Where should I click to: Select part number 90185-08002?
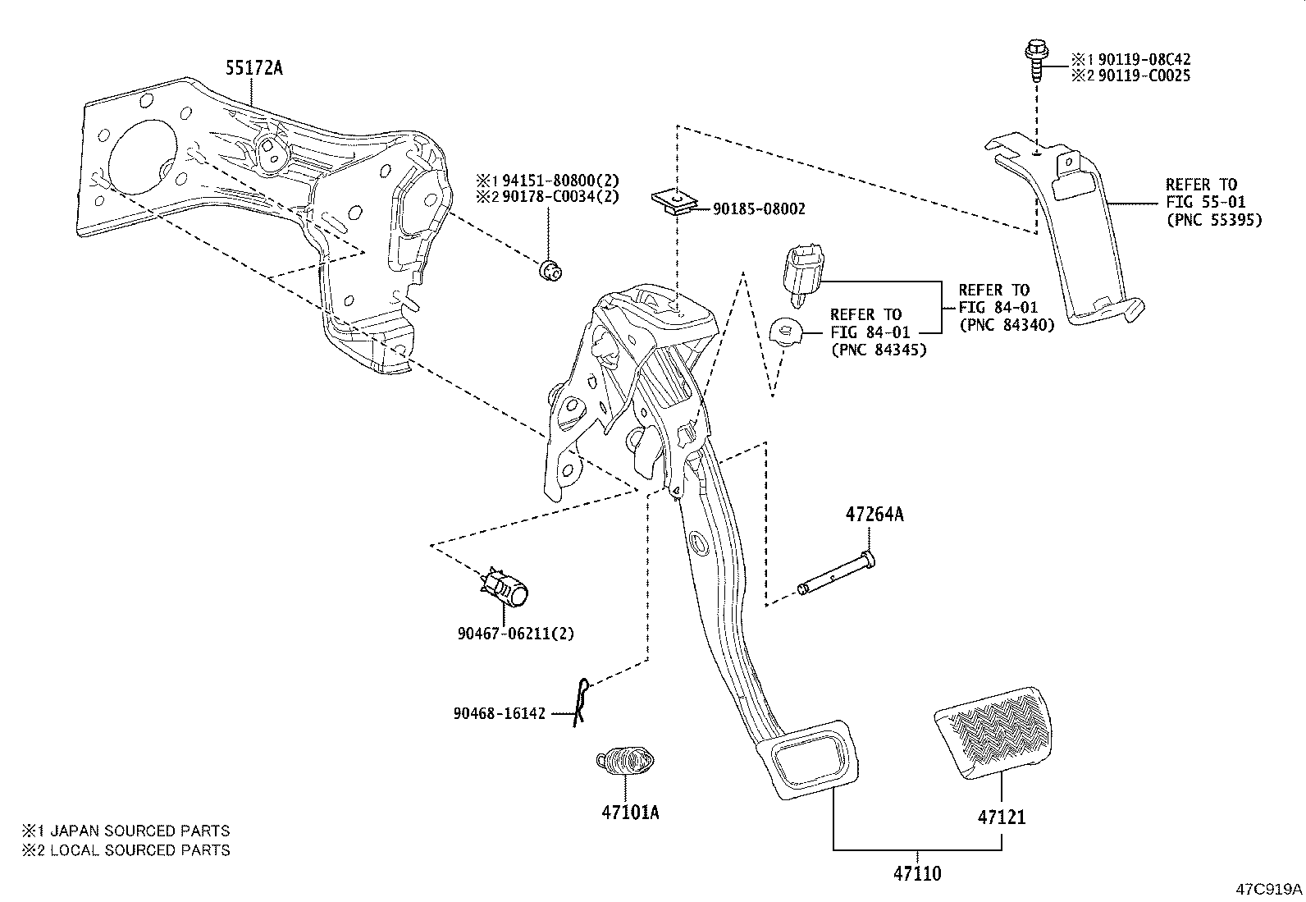click(759, 209)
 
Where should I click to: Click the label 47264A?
click(874, 515)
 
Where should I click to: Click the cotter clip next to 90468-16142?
click(581, 702)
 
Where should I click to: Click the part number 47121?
click(1001, 817)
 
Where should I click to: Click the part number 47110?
click(917, 873)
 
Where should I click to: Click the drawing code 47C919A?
click(1269, 889)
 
